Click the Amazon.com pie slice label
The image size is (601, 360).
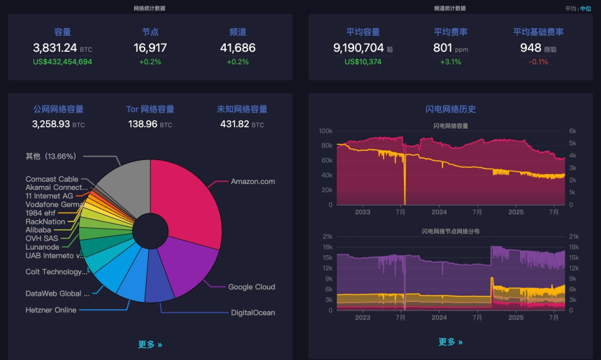tap(253, 182)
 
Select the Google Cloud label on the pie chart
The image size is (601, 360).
tap(252, 287)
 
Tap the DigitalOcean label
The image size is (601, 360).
tap(253, 313)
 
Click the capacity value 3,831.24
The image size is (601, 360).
tap(55, 48)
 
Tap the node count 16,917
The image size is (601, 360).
tap(150, 48)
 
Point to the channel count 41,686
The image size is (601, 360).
tap(238, 48)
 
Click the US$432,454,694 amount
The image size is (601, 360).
tap(62, 62)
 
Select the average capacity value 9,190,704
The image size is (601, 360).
tap(359, 48)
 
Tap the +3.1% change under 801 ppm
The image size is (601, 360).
tap(450, 62)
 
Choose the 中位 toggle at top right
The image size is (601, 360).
tap(586, 8)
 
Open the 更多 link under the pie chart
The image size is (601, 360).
tap(150, 345)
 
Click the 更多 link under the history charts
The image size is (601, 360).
tap(450, 342)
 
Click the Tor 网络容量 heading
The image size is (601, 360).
tap(150, 110)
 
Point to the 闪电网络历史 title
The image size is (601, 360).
tap(450, 110)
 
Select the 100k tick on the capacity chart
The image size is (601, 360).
tap(326, 131)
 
